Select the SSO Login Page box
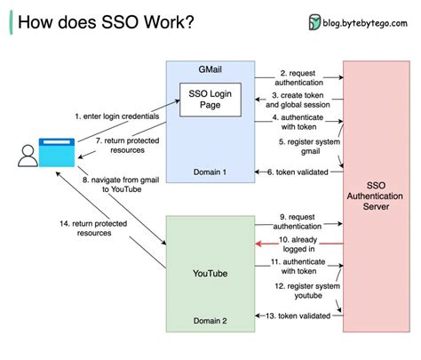coord(210,99)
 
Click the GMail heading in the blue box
coord(210,68)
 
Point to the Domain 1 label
coord(210,172)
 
